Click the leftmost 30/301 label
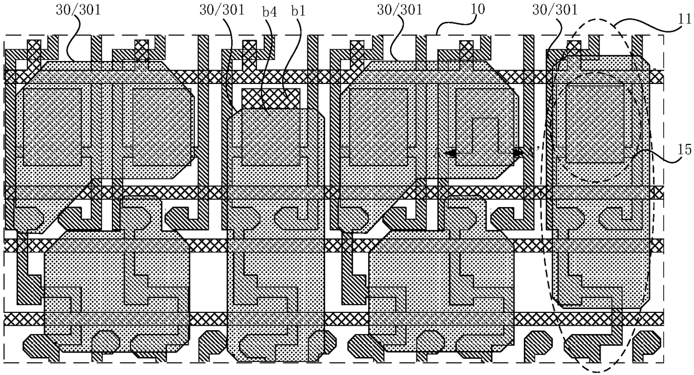(78, 10)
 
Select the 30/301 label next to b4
(222, 10)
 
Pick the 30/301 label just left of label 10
(400, 10)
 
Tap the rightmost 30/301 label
(555, 10)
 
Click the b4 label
(269, 12)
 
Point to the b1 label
(298, 11)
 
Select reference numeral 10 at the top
(477, 10)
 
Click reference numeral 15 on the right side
(684, 150)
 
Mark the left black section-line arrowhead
(450, 153)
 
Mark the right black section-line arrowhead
(517, 153)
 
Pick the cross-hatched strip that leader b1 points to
(270, 99)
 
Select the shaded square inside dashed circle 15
(595, 124)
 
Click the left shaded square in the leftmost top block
(53, 126)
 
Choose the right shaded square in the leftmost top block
(162, 126)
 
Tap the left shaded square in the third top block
(378, 126)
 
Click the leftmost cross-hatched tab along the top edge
(34, 54)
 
